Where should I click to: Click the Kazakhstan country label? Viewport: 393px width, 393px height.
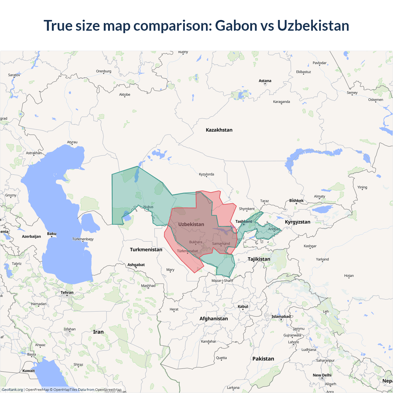[x=219, y=130]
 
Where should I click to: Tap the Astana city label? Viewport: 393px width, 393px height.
[x=265, y=81]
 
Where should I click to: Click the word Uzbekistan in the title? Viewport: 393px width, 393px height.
[x=313, y=25]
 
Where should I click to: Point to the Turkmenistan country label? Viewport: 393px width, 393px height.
[x=146, y=250]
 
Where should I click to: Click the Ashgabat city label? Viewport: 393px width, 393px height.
[x=136, y=265]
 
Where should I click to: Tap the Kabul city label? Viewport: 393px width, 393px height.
[x=243, y=306]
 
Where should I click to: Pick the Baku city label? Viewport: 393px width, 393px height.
[x=52, y=234]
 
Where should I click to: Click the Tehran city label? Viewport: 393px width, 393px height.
[x=67, y=292]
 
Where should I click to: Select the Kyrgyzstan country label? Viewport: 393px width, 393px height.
[x=298, y=222]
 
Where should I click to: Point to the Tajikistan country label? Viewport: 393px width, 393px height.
[x=259, y=259]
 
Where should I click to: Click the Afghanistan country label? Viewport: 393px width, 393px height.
[x=214, y=319]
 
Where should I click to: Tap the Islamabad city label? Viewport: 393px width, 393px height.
[x=281, y=317]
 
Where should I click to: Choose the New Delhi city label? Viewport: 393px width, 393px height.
[x=322, y=375]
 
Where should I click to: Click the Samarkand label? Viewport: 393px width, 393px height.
[x=221, y=243]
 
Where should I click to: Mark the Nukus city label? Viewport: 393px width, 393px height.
[x=148, y=207]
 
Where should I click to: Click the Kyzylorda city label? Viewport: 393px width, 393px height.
[x=206, y=174]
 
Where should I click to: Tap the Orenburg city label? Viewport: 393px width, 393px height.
[x=103, y=71]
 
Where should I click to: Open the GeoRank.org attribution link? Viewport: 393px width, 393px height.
[x=12, y=390]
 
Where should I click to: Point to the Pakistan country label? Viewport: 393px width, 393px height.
[x=263, y=359]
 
